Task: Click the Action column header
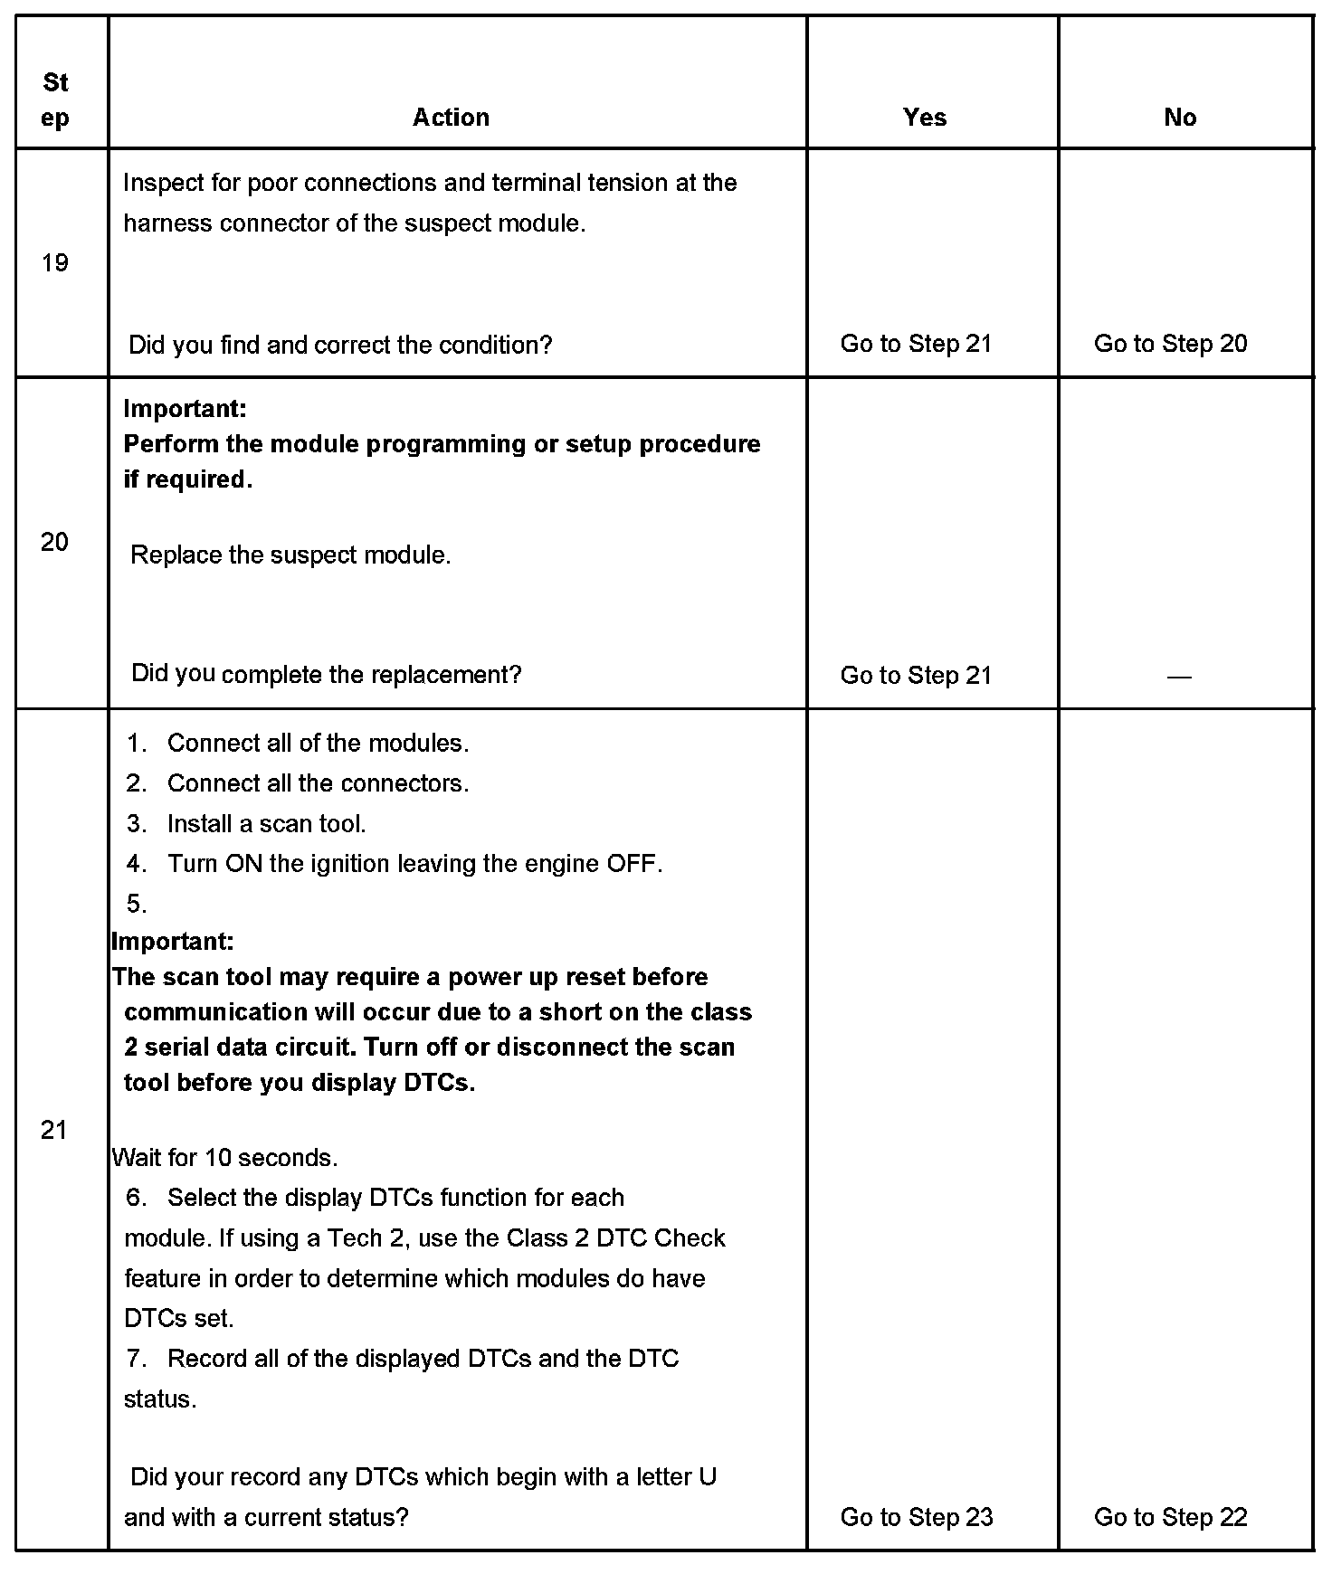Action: click(451, 118)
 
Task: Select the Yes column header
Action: click(924, 118)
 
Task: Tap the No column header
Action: click(1179, 118)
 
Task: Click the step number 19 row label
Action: click(55, 263)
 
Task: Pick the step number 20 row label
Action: click(54, 542)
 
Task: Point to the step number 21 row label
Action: click(54, 1130)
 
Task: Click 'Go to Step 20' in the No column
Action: click(1170, 344)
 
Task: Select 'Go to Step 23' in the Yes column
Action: click(916, 1517)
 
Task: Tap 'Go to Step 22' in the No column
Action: click(1170, 1517)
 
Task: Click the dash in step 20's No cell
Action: click(1179, 677)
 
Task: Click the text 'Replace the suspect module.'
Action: click(290, 555)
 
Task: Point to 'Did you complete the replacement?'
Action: click(326, 674)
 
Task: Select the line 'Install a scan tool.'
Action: click(266, 824)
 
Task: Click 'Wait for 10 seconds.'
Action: click(224, 1158)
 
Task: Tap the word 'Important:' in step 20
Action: click(185, 409)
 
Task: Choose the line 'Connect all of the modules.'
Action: click(318, 744)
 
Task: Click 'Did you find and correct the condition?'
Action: click(340, 345)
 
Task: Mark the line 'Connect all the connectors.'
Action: click(318, 783)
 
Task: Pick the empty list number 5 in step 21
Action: click(137, 904)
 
